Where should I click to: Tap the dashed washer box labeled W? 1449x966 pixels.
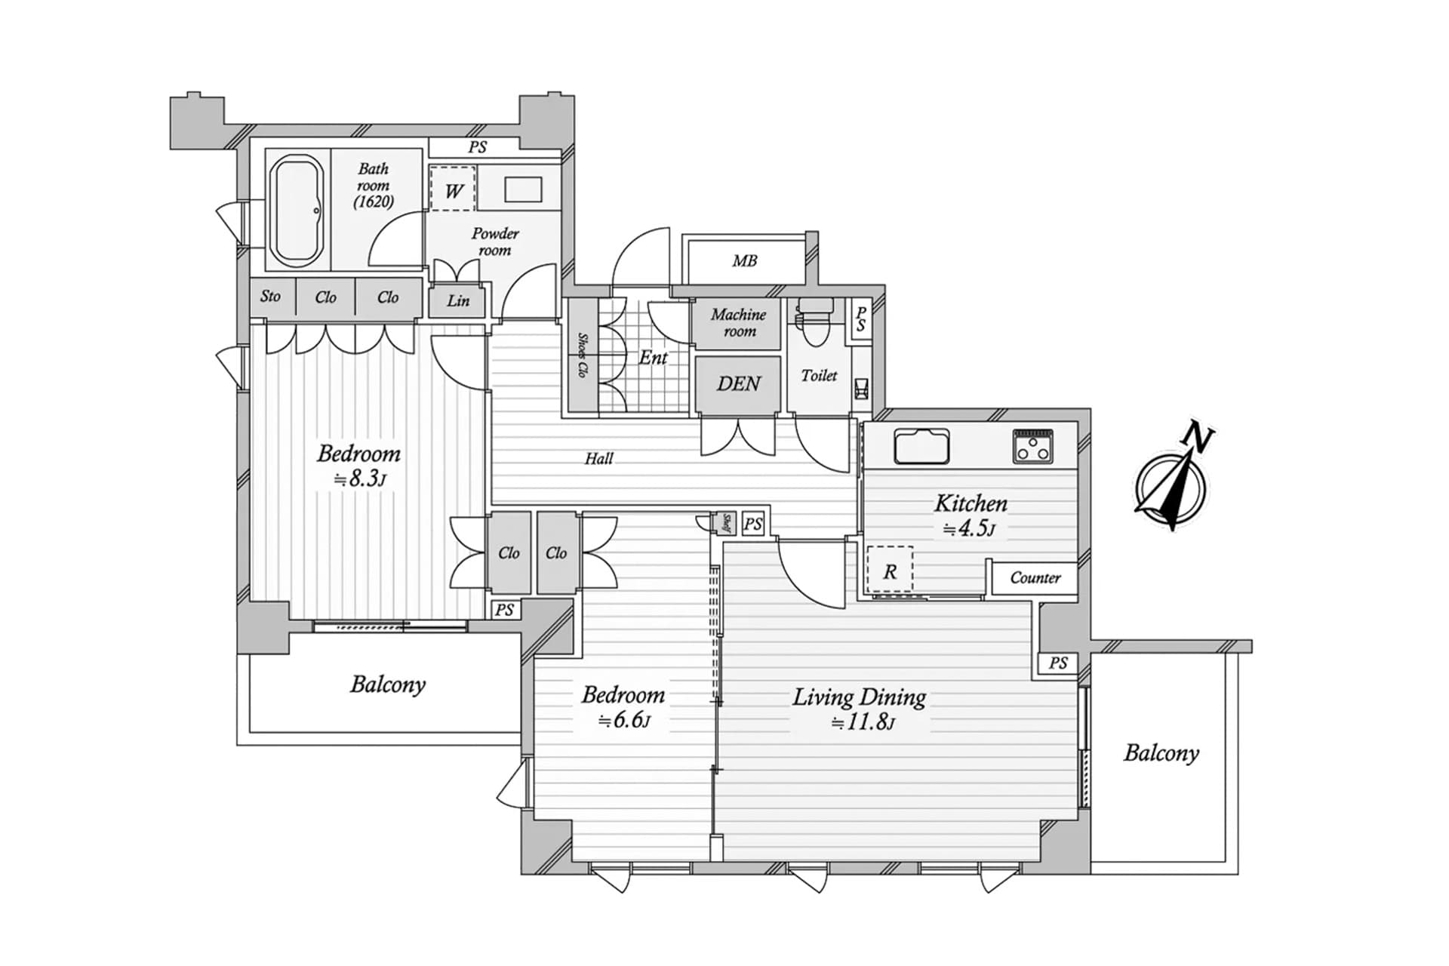[x=453, y=189]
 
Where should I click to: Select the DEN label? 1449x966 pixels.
[x=738, y=383]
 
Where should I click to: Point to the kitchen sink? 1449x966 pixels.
[x=921, y=445]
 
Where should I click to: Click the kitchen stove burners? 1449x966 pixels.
[x=1033, y=445]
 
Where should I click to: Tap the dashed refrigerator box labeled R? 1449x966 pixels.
[x=890, y=570]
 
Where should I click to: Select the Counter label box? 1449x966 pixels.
[x=1035, y=577]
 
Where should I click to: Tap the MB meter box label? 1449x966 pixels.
[x=744, y=260]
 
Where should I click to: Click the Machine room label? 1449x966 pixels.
[x=738, y=323]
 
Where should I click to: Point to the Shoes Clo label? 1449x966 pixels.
[x=583, y=355]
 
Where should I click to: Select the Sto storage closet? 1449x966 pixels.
[x=271, y=297]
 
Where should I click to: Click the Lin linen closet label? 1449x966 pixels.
[x=457, y=300]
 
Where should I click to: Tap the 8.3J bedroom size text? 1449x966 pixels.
[x=361, y=478]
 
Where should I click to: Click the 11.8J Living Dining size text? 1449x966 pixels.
[x=862, y=721]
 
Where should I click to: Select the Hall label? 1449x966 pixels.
[x=598, y=458]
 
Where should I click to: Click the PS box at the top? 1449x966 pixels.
[x=477, y=147]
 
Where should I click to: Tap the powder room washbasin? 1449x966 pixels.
[x=523, y=189]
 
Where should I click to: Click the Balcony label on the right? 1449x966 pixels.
[x=1161, y=752]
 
